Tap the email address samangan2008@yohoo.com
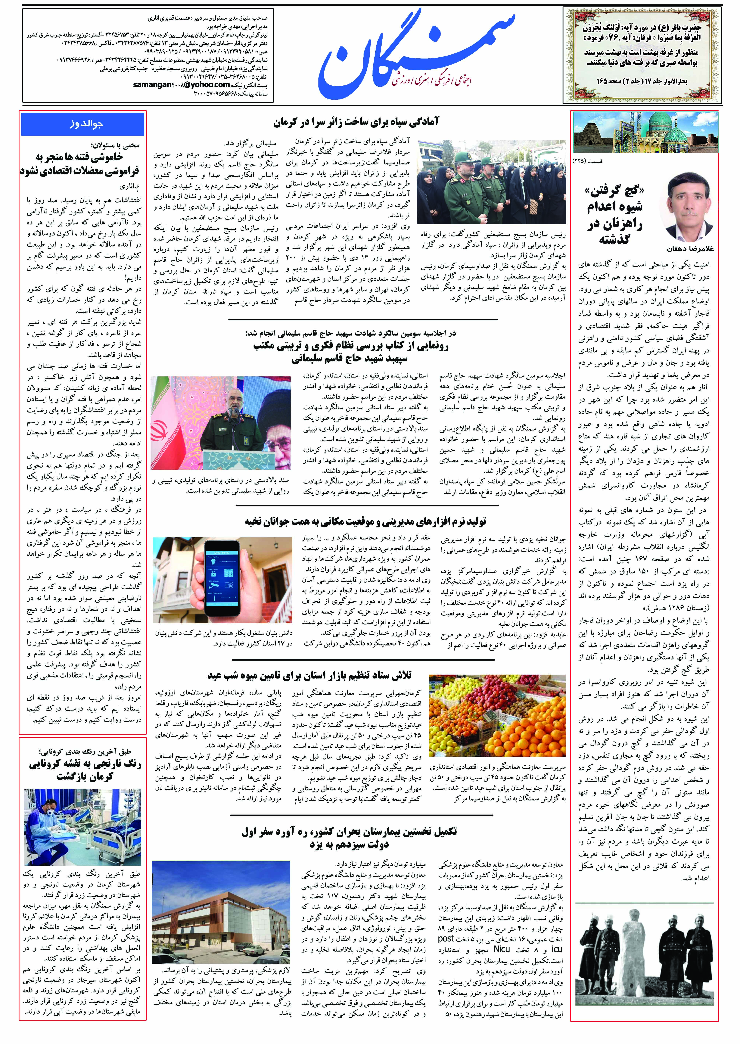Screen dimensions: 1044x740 [181, 85]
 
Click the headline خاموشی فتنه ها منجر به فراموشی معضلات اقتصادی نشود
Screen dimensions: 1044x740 [80, 164]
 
